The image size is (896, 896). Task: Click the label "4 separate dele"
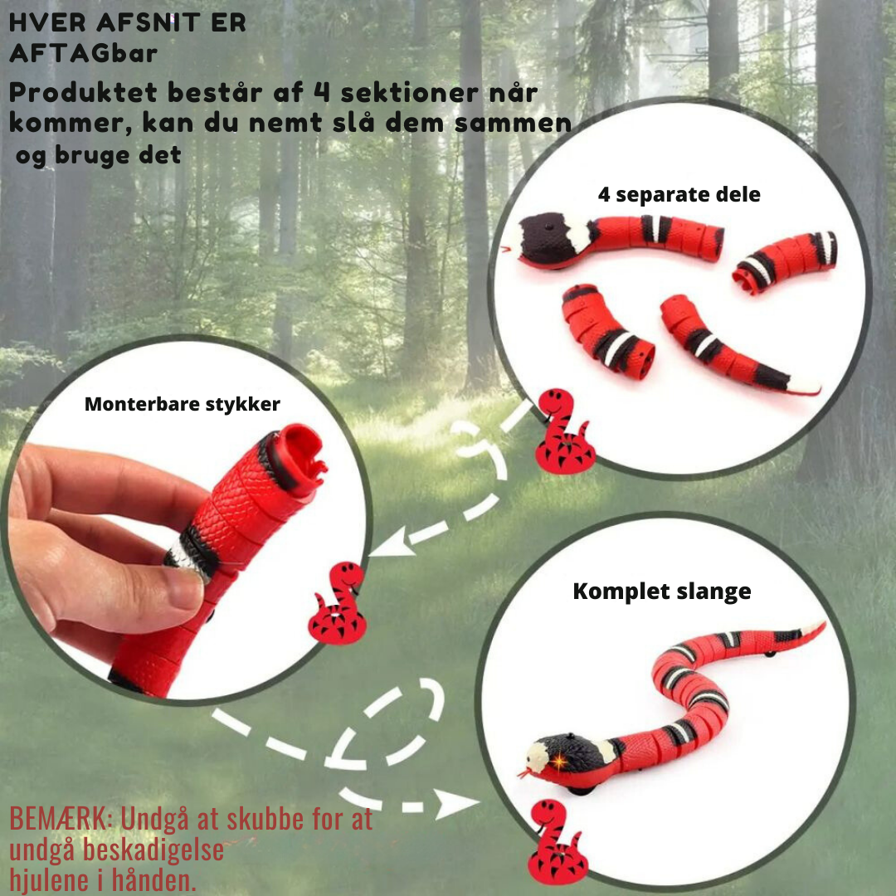679,195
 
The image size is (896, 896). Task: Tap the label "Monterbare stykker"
183,404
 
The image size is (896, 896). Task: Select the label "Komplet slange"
662,592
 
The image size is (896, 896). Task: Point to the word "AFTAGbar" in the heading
84,54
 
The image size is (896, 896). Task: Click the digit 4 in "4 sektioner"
322,92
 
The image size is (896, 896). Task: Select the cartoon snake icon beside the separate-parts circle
564,431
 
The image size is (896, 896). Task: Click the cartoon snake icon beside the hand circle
338,603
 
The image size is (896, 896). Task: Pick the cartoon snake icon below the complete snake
558,842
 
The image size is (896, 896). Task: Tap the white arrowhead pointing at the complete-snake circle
456,803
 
